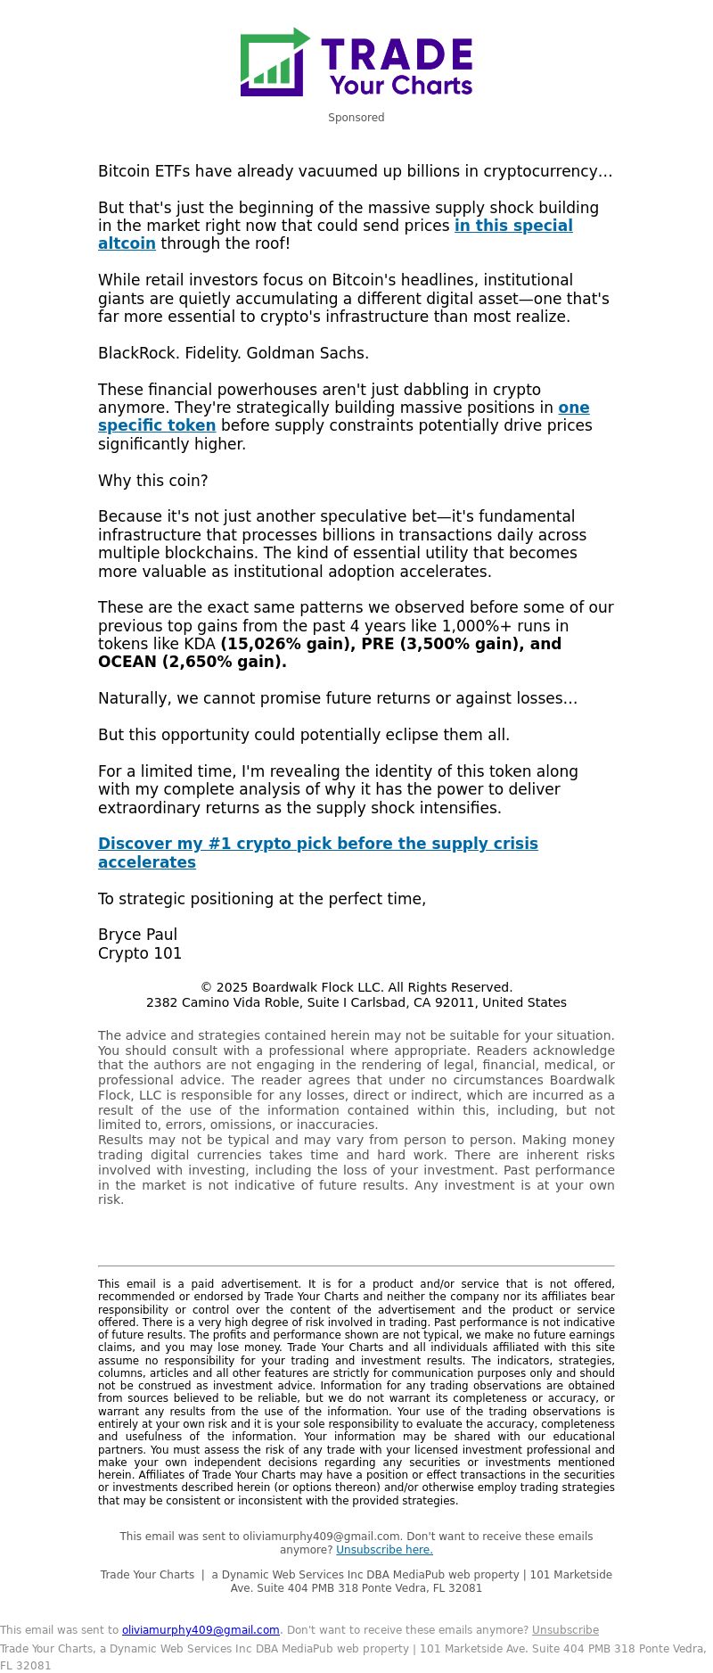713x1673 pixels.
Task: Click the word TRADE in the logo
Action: point(397,54)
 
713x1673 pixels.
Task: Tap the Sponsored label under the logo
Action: point(356,118)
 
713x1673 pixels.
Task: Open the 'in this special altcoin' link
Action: point(513,226)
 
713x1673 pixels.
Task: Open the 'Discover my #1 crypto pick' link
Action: point(317,844)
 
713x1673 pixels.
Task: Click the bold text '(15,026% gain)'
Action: point(288,644)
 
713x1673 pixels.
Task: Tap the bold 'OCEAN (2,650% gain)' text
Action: point(192,662)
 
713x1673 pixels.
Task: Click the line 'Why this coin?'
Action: point(152,481)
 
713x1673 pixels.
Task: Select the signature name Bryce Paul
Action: point(137,935)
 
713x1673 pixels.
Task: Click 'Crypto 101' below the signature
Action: point(140,953)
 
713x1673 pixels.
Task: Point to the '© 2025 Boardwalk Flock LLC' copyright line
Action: point(356,987)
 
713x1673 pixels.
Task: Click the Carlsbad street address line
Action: point(356,1002)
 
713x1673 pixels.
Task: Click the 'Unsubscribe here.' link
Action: point(384,1550)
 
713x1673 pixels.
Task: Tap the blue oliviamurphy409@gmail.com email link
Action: point(201,1630)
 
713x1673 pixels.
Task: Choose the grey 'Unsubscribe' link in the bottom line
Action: point(565,1630)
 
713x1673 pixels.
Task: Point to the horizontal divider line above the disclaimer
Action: point(356,1265)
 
